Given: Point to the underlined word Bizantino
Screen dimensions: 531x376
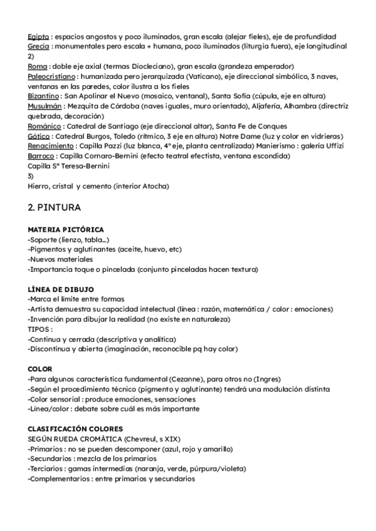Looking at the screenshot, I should click(x=44, y=96).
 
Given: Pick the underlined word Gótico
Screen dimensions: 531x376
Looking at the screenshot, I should click(x=39, y=136).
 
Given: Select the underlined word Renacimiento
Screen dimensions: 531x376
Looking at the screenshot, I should click(x=50, y=146).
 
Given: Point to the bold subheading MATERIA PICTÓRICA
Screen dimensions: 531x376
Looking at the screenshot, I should click(x=66, y=230).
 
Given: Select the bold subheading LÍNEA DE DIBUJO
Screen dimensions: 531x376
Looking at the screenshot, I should click(x=61, y=289).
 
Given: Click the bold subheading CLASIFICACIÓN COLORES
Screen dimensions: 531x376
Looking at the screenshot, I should click(x=75, y=429).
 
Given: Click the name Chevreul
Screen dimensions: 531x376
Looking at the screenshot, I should click(x=145, y=439).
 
